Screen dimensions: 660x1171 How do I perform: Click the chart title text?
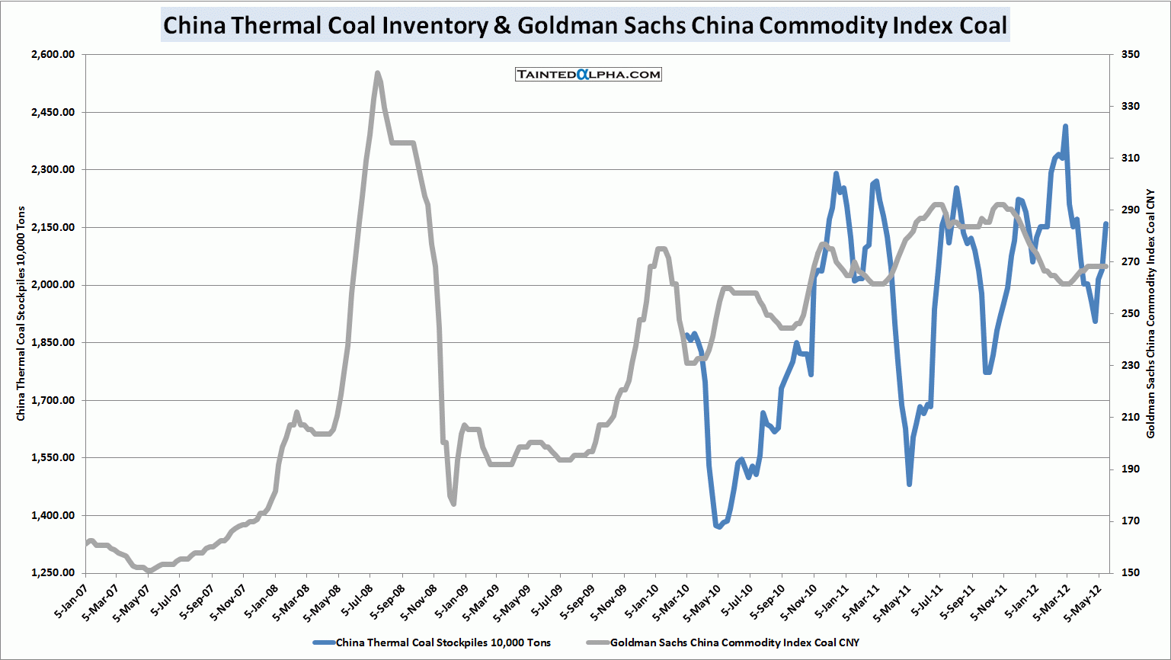[x=585, y=25]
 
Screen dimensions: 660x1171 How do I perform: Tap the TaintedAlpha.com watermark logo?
[x=588, y=74]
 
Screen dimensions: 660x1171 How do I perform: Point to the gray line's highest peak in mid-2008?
[x=377, y=73]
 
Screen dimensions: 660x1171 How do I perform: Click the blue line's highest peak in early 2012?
[x=1065, y=127]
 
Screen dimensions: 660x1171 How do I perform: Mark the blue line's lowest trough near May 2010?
[x=718, y=526]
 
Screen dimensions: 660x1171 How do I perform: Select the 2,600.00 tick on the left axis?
[x=53, y=55]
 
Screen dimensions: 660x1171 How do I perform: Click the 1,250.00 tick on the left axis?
[x=53, y=573]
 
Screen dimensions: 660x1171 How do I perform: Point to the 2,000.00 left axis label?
[x=53, y=285]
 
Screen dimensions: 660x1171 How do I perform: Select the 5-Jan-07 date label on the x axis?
[x=70, y=602]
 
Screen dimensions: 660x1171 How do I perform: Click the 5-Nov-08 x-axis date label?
[x=419, y=602]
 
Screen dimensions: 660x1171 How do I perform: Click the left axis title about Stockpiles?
[x=21, y=313]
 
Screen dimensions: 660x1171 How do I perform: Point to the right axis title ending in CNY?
[x=1150, y=313]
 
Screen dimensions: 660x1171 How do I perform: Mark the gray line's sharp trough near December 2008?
[x=453, y=504]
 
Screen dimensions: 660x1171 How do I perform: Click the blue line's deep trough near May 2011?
[x=909, y=484]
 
